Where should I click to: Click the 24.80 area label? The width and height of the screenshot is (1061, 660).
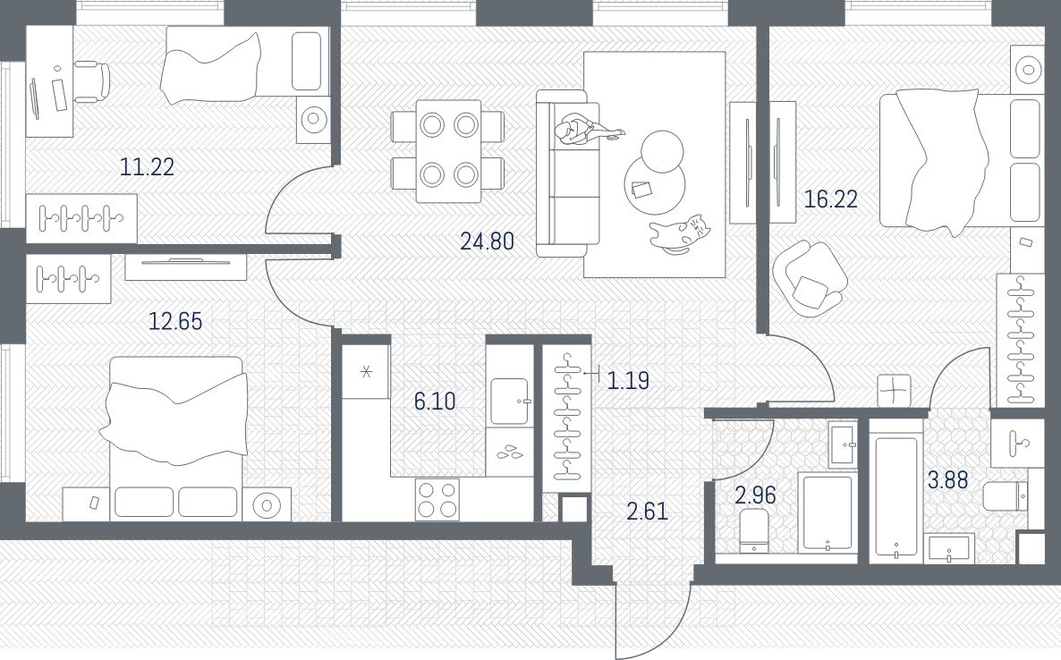[x=488, y=241]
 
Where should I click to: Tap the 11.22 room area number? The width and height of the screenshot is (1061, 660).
[x=147, y=166]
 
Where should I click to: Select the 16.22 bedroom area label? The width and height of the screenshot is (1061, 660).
[x=830, y=199]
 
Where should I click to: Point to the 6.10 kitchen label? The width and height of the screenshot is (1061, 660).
[x=435, y=402]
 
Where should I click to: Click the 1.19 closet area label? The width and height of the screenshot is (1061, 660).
[x=628, y=381]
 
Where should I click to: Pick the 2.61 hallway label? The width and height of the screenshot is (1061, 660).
[x=648, y=512]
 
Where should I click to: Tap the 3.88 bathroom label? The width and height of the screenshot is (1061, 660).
[x=947, y=480]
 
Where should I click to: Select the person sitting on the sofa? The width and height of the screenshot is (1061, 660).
[x=585, y=130]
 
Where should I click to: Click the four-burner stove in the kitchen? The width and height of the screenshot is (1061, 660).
[x=437, y=499]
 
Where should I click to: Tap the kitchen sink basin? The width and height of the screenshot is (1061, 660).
[x=510, y=402]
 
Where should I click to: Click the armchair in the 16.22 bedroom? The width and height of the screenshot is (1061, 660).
[x=810, y=278]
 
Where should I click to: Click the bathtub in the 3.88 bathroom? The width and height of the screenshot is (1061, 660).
[x=895, y=498]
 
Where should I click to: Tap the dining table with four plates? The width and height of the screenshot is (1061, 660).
[x=448, y=151]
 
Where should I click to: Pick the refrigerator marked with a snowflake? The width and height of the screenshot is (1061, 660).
[x=365, y=371]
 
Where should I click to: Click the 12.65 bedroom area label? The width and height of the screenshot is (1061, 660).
[x=175, y=321]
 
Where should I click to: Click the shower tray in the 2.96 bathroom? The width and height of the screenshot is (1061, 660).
[x=827, y=512]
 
